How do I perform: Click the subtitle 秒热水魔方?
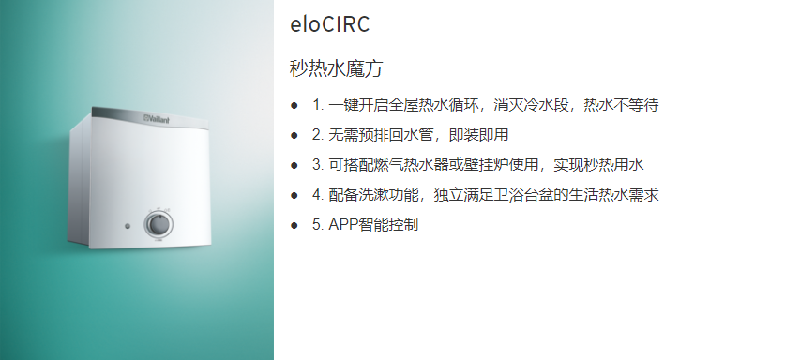(x=337, y=69)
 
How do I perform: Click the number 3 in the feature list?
(x=317, y=165)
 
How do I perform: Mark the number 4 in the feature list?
(x=317, y=196)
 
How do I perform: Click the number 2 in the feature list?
(x=317, y=135)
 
